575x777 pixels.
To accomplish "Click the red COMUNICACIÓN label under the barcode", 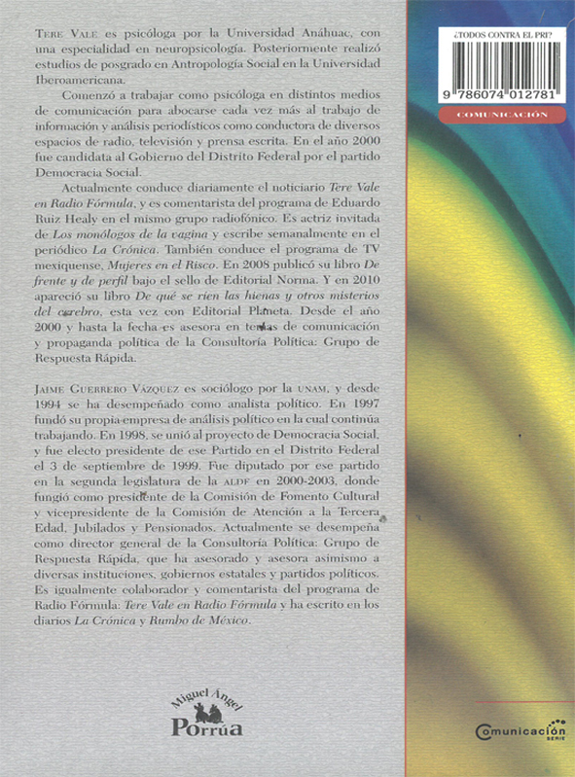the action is pos(501,115).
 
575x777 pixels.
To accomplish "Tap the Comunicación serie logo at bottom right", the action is pos(521,728).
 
